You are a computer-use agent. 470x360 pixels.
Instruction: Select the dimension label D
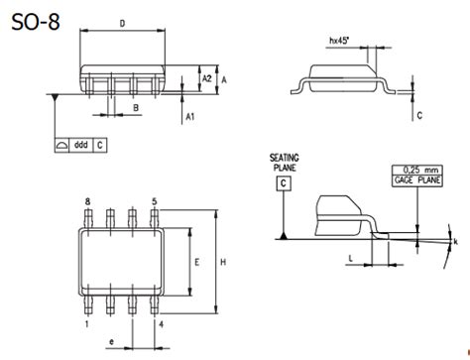click(121, 22)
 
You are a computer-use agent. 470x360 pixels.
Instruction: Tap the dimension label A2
click(205, 77)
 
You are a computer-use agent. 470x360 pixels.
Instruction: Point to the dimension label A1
click(188, 117)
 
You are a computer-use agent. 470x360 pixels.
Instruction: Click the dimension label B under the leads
click(134, 107)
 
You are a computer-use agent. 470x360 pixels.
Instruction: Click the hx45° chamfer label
click(340, 42)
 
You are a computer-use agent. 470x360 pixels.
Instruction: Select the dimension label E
click(197, 263)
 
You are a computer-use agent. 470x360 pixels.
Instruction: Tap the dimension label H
click(224, 262)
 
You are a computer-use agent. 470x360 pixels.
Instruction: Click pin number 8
click(87, 201)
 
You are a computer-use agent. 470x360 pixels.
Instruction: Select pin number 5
click(154, 201)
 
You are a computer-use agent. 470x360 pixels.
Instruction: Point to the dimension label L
click(352, 257)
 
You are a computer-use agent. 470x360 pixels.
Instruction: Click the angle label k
click(455, 241)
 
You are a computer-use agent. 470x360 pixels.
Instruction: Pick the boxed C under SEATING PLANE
click(285, 183)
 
